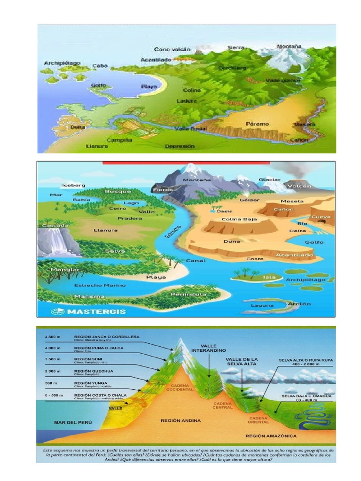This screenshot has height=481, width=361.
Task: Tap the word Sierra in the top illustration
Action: pyautogui.click(x=236, y=48)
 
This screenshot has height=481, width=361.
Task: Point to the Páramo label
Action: pyautogui.click(x=257, y=124)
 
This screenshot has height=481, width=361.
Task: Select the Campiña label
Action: pyautogui.click(x=119, y=140)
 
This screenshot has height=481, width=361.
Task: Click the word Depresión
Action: pyautogui.click(x=179, y=146)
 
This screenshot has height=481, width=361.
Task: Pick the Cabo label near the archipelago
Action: pyautogui.click(x=100, y=66)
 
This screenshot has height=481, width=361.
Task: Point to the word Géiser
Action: pyautogui.click(x=250, y=200)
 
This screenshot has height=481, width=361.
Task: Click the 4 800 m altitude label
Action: pyautogui.click(x=54, y=337)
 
